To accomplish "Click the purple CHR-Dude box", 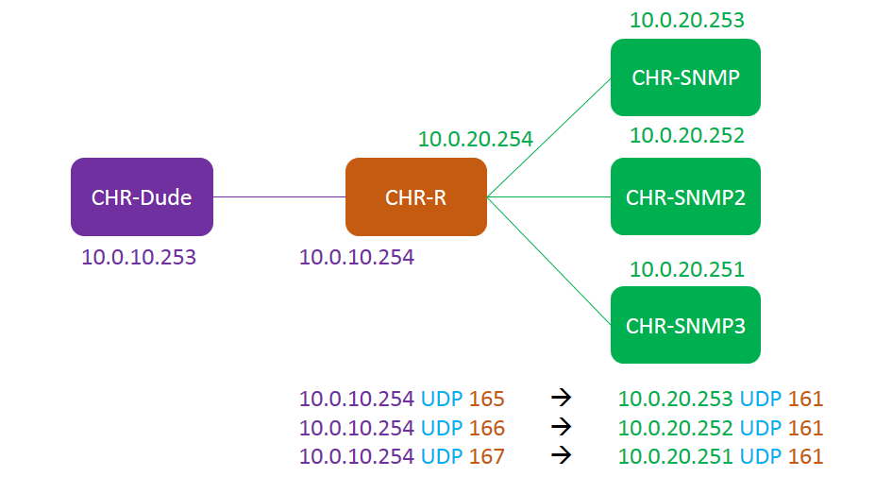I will pos(142,196).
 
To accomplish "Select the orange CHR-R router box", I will pos(415,196).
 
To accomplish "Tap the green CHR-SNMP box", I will pos(685,77).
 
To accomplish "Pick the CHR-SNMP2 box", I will pos(685,196).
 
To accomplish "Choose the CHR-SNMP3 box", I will pos(685,325).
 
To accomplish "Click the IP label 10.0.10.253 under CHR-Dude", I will pos(139,256).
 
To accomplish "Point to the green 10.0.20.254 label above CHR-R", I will pos(476,140).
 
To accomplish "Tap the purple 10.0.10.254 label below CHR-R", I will pos(357,256).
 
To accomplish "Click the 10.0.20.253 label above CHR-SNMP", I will pos(687,20).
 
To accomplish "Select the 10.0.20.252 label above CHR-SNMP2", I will pos(687,136).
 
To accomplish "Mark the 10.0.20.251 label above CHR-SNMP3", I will pos(687,270).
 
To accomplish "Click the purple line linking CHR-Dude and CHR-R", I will pos(278,196).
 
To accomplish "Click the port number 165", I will pos(487,399).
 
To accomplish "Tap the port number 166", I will pos(487,428).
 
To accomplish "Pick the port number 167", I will pos(487,456).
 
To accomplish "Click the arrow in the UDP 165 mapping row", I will pos(562,399).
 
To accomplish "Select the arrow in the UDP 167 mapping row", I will pos(562,456).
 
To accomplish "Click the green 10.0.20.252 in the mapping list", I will pos(676,428).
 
